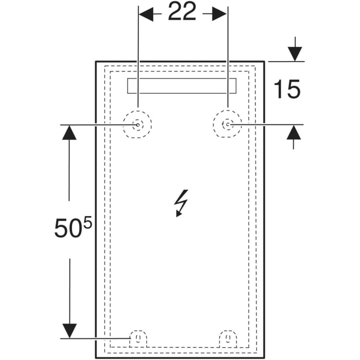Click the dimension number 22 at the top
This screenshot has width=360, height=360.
click(183, 13)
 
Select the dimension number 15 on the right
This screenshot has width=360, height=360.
click(286, 90)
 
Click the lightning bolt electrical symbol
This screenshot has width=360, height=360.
click(182, 203)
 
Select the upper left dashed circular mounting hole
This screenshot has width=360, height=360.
click(137, 124)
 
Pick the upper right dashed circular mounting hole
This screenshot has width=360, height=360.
click(227, 124)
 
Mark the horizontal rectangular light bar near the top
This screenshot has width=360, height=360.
click(182, 86)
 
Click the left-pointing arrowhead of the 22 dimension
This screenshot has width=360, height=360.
click(147, 14)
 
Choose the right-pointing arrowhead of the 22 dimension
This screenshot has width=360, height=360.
click(219, 14)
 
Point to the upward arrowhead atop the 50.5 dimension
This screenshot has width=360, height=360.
click(69, 133)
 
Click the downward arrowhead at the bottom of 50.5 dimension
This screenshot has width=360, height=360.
click(69, 330)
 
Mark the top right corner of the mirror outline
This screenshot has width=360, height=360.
click(264, 62)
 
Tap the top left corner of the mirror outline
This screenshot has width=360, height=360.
click(96, 62)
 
